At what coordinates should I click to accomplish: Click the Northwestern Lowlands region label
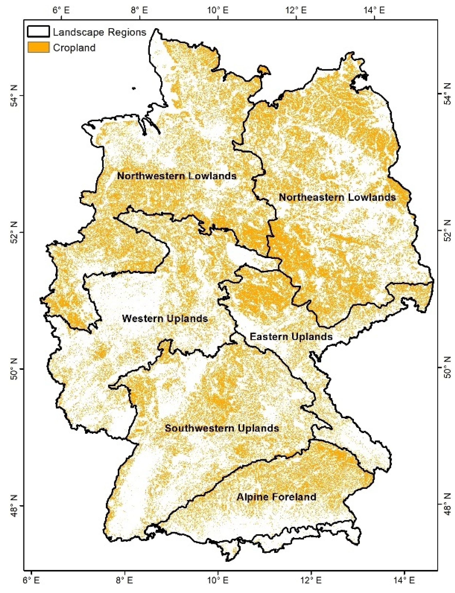(x=177, y=176)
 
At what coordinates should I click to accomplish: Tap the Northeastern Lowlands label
(x=337, y=197)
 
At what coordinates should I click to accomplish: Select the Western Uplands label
(x=165, y=319)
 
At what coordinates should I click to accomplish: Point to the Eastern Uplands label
(x=291, y=337)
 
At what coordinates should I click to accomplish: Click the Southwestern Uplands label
(x=222, y=428)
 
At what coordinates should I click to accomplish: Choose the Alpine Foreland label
(x=276, y=497)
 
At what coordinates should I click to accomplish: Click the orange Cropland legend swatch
(x=38, y=47)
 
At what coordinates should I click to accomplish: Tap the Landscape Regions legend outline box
(x=38, y=32)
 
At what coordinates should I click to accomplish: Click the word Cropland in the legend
(x=74, y=48)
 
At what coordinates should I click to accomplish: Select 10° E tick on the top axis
(x=218, y=11)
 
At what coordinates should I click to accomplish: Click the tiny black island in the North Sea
(x=134, y=88)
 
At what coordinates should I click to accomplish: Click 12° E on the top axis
(x=296, y=11)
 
